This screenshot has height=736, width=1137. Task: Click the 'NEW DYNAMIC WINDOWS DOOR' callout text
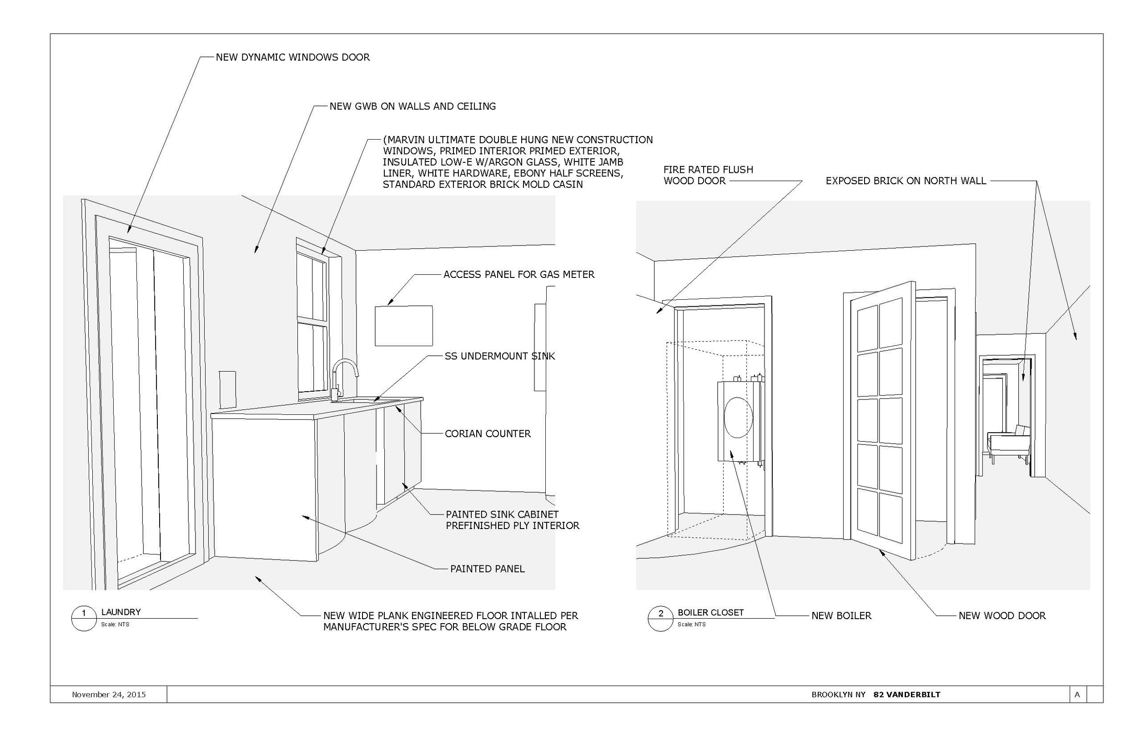click(x=292, y=57)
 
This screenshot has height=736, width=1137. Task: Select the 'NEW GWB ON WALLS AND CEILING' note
click(x=413, y=106)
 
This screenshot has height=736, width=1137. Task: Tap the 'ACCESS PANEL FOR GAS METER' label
click(x=519, y=275)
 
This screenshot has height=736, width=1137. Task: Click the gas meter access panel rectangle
click(x=404, y=326)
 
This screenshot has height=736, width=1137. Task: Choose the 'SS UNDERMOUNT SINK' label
click(x=500, y=357)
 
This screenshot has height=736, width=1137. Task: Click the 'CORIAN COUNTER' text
click(x=487, y=434)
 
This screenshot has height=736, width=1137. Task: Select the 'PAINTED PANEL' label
click(x=487, y=569)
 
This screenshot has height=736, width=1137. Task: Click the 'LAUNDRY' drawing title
click(x=121, y=612)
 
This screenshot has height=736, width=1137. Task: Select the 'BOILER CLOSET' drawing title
click(x=710, y=613)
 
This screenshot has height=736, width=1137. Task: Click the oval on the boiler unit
click(x=738, y=417)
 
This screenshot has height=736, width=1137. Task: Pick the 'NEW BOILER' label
click(x=841, y=616)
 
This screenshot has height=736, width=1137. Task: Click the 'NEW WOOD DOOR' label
click(x=1002, y=616)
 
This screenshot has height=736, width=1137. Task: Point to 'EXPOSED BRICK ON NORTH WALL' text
click(x=906, y=181)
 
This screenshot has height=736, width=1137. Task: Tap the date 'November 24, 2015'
click(x=109, y=695)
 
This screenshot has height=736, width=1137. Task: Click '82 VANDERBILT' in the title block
click(x=907, y=695)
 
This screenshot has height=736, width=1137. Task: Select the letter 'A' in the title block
click(x=1077, y=695)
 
